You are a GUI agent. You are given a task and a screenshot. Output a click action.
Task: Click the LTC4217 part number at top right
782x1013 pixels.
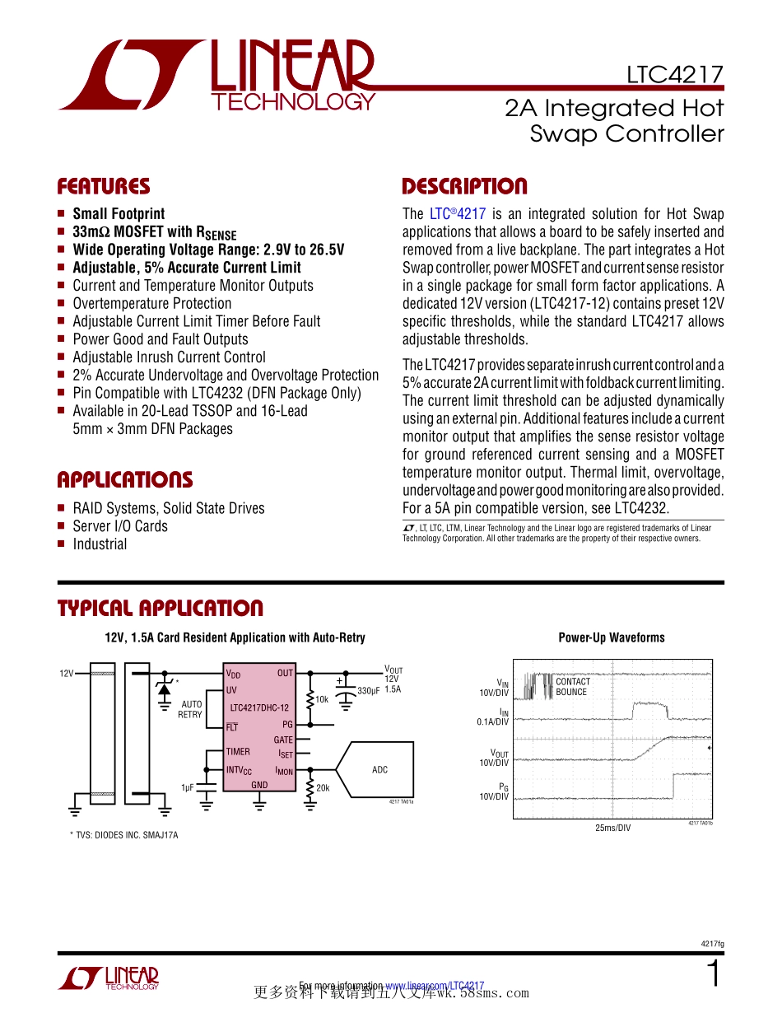[x=674, y=75]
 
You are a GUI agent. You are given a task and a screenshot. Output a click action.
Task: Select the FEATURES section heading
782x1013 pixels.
[x=104, y=186]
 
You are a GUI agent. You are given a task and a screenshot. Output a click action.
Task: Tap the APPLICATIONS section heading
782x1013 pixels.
[x=124, y=480]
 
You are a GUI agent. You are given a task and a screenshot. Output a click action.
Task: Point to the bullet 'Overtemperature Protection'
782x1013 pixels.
[x=152, y=304]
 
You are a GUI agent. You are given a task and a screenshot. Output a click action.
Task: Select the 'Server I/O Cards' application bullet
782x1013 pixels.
[x=120, y=526]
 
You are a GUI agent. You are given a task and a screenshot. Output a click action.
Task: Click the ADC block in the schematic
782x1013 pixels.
[x=379, y=770]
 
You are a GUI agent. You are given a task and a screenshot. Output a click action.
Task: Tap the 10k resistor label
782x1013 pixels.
[x=322, y=699]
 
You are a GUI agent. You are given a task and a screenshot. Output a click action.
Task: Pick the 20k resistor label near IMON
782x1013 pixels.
[x=323, y=788]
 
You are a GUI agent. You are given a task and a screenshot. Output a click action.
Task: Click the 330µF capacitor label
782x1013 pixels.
[x=368, y=690]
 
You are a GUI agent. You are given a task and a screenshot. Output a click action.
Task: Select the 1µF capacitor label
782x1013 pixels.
[x=189, y=787]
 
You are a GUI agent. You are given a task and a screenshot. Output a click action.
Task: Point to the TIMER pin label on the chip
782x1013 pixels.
[x=238, y=752]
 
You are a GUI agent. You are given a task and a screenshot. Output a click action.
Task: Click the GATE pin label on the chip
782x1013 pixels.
[x=283, y=740]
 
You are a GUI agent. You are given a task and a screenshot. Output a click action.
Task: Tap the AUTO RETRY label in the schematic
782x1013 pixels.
[x=190, y=709]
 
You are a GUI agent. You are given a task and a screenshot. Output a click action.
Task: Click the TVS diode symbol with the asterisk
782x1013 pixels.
[x=165, y=687]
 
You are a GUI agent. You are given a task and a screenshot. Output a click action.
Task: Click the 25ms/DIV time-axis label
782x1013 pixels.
[x=612, y=828]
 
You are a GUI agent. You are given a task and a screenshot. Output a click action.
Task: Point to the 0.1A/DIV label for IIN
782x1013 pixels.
[x=493, y=721]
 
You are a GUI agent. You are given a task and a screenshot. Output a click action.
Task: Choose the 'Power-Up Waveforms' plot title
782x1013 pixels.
[x=611, y=637]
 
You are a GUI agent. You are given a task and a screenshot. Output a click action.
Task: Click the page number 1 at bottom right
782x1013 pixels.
[x=714, y=974]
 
